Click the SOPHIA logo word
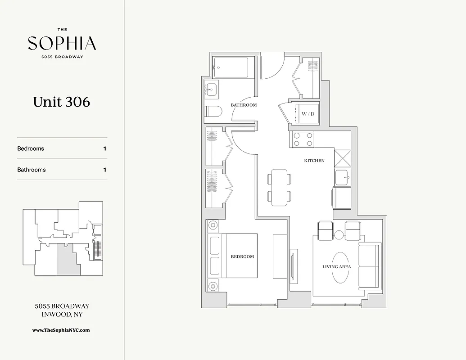tap(62, 43)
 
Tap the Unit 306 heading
tap(61, 102)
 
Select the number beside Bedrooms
tap(104, 148)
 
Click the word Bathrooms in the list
tap(32, 170)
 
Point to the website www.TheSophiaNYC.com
tap(61, 330)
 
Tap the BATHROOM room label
tap(244, 105)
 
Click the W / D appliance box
tap(308, 114)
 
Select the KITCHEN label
tap(314, 161)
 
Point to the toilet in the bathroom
tap(213, 111)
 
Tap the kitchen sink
tap(343, 178)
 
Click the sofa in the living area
tap(369, 267)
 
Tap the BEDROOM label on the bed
tap(242, 256)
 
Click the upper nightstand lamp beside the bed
tap(213, 225)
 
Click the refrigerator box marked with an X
tap(342, 159)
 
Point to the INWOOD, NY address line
tap(62, 315)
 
